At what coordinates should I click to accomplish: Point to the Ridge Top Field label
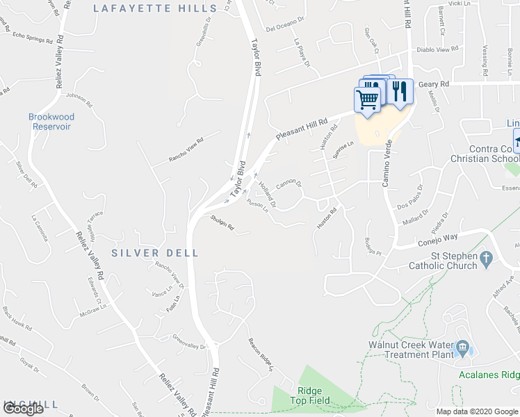click(309, 396)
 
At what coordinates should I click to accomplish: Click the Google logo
click(23, 409)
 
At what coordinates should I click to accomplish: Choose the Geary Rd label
click(434, 84)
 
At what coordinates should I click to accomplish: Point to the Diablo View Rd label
click(437, 49)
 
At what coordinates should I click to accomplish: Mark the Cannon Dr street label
click(289, 184)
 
